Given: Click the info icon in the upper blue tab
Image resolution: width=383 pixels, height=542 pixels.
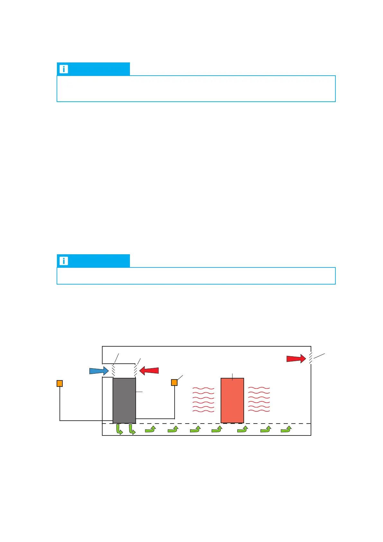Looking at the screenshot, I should (64, 69).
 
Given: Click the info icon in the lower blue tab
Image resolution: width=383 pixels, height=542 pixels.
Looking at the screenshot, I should (64, 261).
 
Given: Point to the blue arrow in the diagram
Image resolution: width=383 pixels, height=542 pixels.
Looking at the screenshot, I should (99, 371).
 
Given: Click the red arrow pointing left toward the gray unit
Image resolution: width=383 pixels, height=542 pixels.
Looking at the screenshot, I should (149, 371).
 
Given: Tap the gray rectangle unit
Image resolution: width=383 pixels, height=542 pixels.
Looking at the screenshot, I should (124, 400).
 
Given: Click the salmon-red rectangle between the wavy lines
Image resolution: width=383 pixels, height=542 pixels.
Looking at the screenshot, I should (232, 400).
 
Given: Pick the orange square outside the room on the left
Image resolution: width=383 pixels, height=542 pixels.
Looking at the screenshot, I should (59, 383).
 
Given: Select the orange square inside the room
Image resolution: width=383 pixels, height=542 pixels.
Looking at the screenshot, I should (174, 382).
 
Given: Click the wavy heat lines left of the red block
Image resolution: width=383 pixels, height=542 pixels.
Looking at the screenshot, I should (203, 400).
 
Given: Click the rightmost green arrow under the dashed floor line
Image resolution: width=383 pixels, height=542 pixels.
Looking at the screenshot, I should (286, 429).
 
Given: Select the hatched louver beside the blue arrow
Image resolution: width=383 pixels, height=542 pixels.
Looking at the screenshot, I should (114, 370).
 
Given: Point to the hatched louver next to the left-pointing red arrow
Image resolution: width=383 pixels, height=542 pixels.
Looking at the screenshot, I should (136, 370).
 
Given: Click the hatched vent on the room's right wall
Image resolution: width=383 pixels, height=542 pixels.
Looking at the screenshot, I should (311, 358).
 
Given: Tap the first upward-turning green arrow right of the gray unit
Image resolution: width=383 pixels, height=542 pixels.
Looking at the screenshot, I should (150, 429).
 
